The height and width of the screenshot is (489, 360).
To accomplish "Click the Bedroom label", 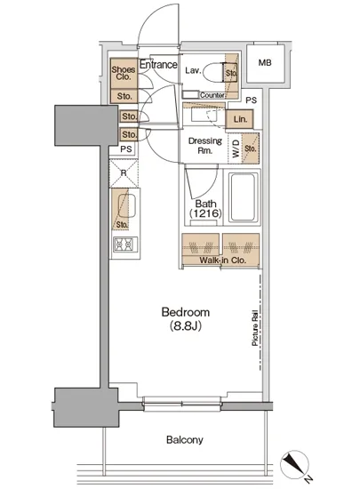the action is (x=185, y=312).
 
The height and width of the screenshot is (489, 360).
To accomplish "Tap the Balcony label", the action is (x=185, y=440).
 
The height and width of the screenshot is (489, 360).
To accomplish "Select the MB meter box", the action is (x=265, y=63).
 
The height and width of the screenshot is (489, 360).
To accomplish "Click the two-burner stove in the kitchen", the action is (x=124, y=244).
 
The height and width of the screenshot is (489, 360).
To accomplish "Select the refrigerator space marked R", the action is (x=124, y=173).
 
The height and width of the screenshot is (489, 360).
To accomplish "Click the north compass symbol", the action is (x=294, y=464).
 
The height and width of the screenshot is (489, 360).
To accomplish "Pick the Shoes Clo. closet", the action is (x=124, y=73).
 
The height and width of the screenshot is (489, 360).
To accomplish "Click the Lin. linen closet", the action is (x=239, y=119).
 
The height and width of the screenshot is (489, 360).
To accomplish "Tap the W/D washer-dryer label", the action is (x=236, y=148).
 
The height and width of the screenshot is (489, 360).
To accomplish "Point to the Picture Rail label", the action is (x=254, y=328).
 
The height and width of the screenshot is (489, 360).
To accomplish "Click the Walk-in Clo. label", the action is (x=222, y=261).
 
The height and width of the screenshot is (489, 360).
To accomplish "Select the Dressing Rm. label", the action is (x=205, y=146).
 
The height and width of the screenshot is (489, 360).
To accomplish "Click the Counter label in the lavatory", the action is (x=212, y=95).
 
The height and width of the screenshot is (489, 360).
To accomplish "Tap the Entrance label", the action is (x=158, y=65).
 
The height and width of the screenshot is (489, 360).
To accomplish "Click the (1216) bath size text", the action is (x=205, y=213).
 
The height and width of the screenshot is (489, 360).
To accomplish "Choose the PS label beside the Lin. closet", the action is (x=252, y=100).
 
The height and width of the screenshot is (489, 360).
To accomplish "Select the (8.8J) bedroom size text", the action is (x=186, y=326).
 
